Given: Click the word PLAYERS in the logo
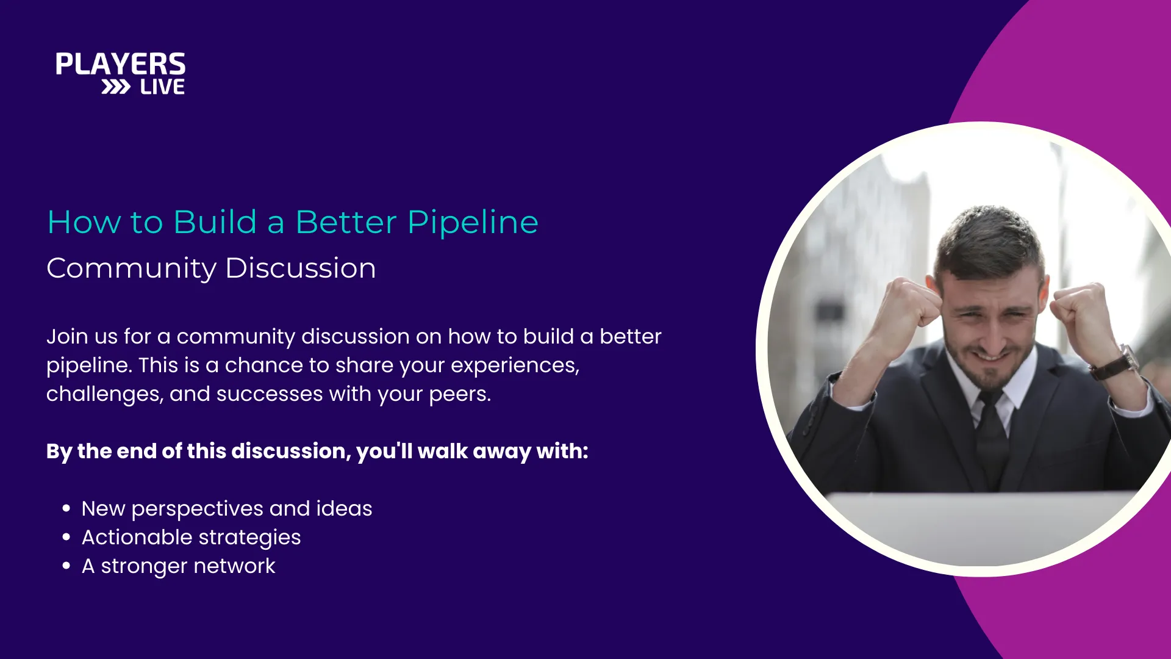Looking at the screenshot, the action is point(121,64).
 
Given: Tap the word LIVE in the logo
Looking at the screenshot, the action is point(162,87).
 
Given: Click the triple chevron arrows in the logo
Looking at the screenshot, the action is point(116,87).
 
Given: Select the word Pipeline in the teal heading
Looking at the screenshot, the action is point(473,223).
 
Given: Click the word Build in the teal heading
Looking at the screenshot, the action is point(215,221).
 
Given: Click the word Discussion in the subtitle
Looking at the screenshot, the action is point(301,268).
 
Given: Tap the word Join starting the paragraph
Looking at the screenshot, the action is point(67,336).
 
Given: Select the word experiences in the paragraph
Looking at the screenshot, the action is point(515,366).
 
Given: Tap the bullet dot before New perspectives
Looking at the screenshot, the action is point(66,508).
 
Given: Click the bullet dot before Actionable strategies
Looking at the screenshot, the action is point(66,537).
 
